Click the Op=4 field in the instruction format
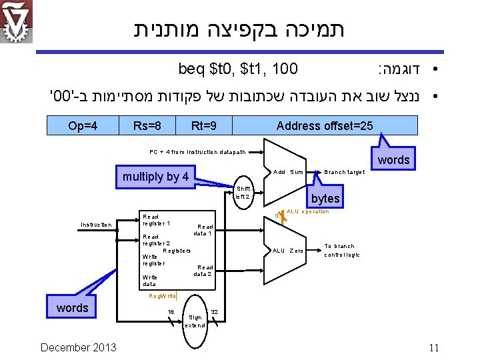tap(83, 125)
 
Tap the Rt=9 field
tap(203, 125)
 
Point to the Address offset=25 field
tap(324, 125)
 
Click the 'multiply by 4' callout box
tap(155, 177)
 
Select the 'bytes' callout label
tap(325, 199)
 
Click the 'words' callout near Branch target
tap(394, 160)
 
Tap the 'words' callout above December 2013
tap(72, 307)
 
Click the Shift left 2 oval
tap(243, 193)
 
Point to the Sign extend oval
tap(195, 321)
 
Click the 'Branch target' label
tap(344, 172)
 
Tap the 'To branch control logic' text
tap(341, 250)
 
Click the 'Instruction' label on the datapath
tap(96, 225)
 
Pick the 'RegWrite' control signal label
tap(163, 295)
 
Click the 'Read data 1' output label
tap(203, 230)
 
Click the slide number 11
tap(434, 347)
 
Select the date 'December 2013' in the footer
tap(78, 347)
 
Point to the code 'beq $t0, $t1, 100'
tap(238, 68)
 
